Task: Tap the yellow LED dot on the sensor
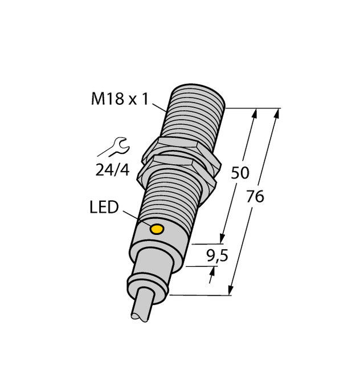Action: pyautogui.click(x=156, y=229)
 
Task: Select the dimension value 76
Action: pyautogui.click(x=256, y=197)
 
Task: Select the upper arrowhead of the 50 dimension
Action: pyautogui.click(x=254, y=113)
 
